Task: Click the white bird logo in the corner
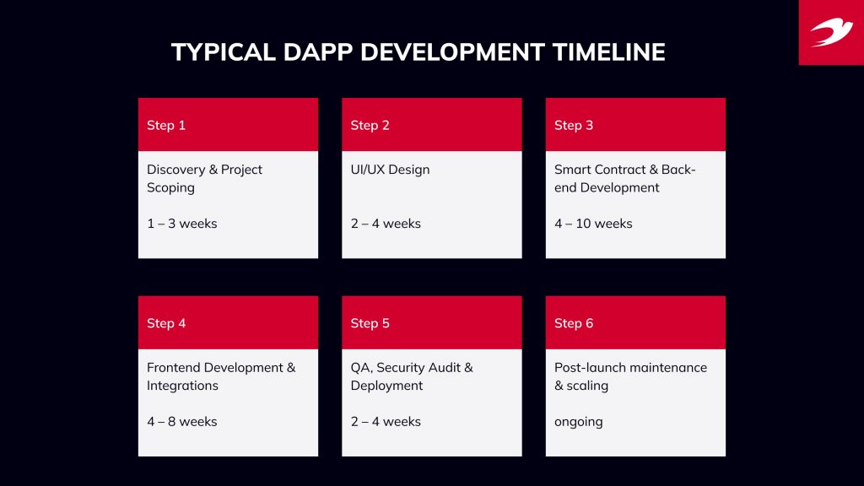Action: (x=831, y=32)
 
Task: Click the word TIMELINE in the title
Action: (x=608, y=52)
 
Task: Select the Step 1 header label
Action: (x=166, y=125)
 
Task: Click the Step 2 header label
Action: (x=370, y=125)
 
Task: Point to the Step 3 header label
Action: (x=574, y=125)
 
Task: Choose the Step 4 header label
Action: (x=166, y=323)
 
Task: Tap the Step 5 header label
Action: (x=370, y=323)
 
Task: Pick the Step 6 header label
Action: (x=574, y=323)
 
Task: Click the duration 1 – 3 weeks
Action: (x=181, y=224)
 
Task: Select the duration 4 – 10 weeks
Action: (x=593, y=224)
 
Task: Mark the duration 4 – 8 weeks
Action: (x=181, y=421)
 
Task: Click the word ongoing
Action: (x=578, y=422)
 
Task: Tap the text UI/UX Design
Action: (x=390, y=170)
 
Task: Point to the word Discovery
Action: (x=175, y=170)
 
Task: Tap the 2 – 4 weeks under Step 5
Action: (x=386, y=421)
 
